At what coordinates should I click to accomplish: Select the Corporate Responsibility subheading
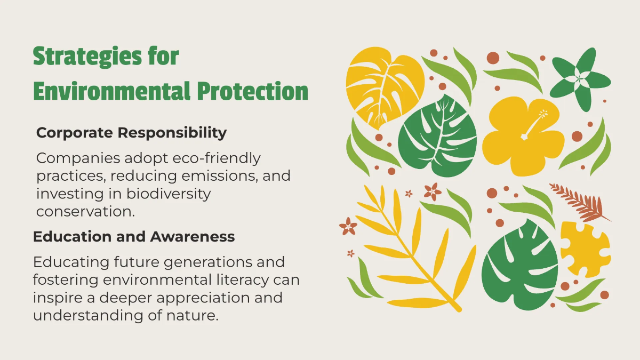(131, 133)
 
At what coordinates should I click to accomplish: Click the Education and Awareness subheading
(134, 236)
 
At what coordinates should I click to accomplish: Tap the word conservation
(84, 211)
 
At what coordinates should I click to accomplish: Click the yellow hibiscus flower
(523, 136)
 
